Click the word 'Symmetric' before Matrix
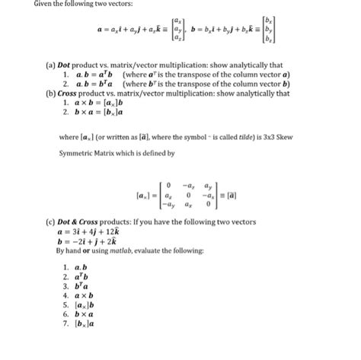coord(79,153)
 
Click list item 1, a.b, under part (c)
coord(80,267)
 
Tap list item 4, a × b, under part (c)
coord(82,294)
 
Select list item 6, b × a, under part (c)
coord(82,313)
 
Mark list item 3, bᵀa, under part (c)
coord(81,285)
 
